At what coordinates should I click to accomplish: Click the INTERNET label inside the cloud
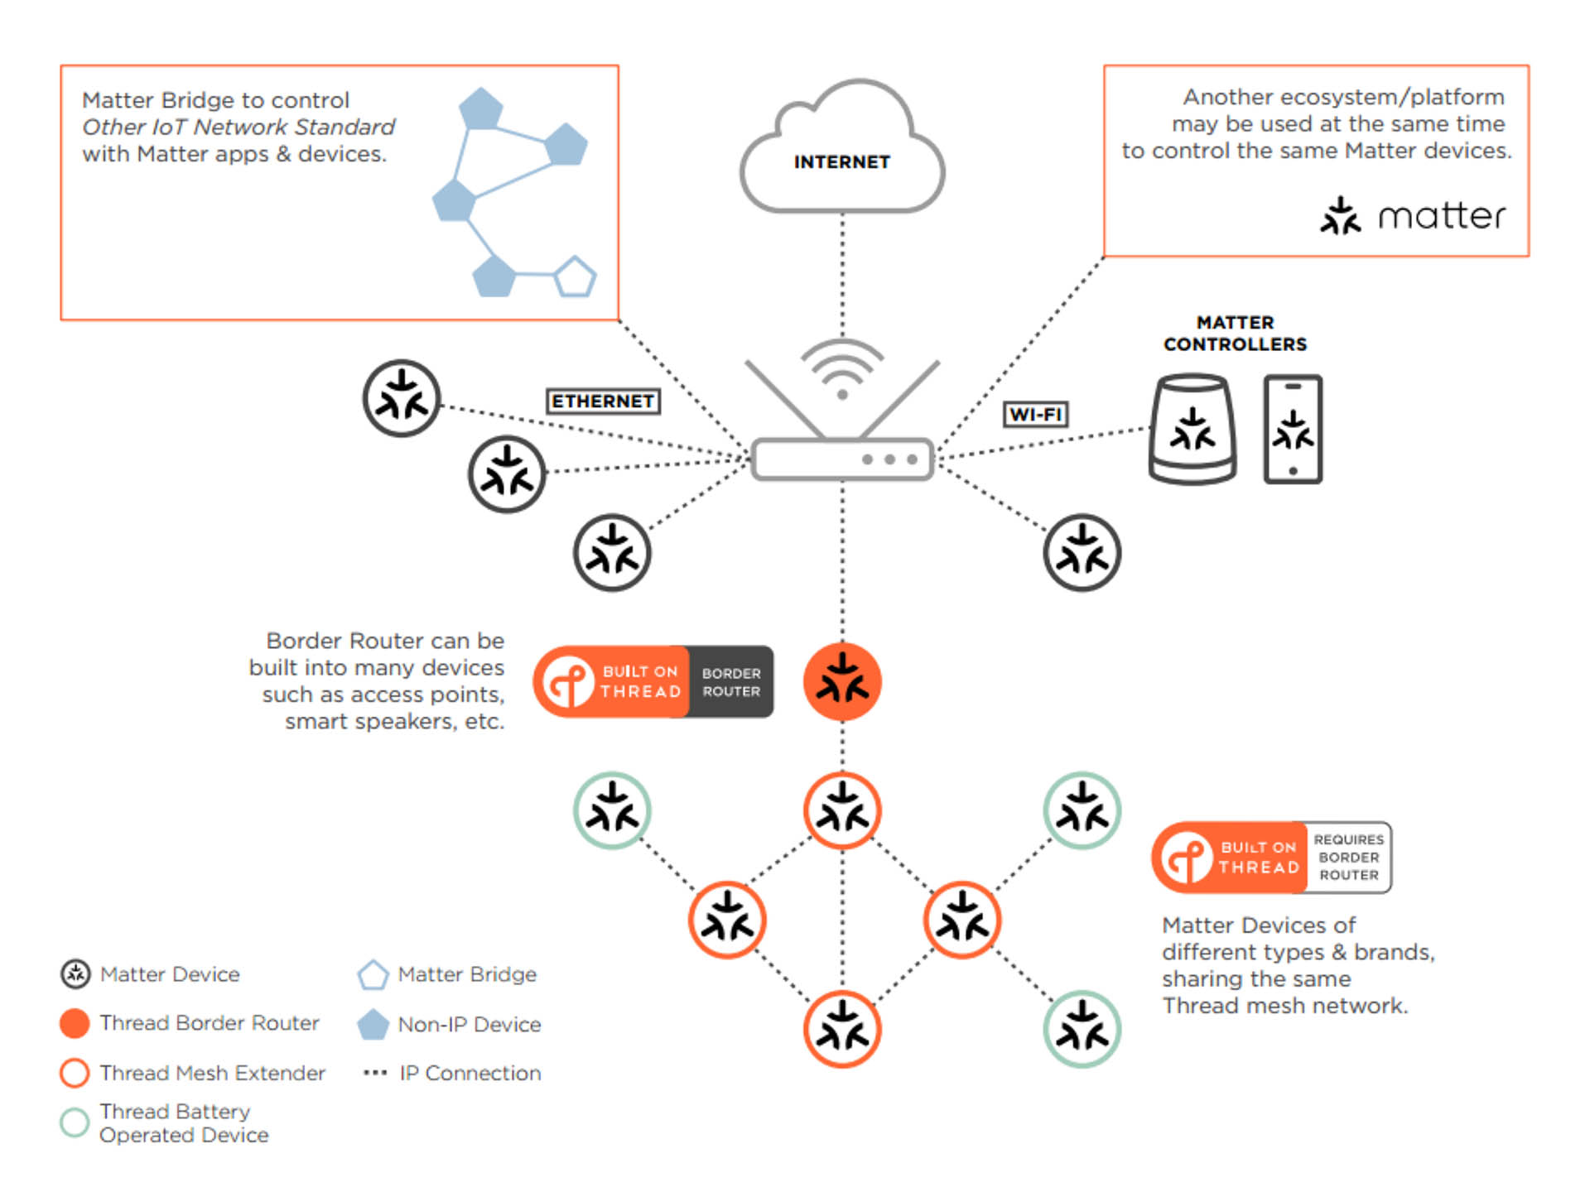pos(841,162)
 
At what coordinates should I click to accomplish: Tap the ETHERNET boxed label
pos(603,401)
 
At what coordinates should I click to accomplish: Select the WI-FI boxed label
pos(1035,414)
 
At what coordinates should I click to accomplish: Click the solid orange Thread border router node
pos(842,681)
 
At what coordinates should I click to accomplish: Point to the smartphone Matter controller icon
pos(1293,429)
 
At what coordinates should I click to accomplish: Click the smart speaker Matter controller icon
pos(1192,429)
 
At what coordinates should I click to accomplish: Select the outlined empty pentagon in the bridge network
pos(575,277)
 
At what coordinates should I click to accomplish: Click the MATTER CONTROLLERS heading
pos(1235,334)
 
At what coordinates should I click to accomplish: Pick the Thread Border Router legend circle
pos(75,1023)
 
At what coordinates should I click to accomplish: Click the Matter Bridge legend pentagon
pos(373,975)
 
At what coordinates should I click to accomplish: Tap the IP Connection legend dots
pos(375,1073)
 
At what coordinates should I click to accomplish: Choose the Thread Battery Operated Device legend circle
pos(75,1122)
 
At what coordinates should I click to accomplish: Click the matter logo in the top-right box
pos(1413,216)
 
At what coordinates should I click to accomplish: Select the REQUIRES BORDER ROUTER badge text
pos(1348,858)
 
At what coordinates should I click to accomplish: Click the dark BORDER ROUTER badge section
pos(730,682)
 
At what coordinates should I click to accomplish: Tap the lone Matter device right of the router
pos(1082,553)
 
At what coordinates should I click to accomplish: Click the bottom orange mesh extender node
pos(842,1029)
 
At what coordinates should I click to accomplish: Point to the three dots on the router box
pos(889,459)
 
